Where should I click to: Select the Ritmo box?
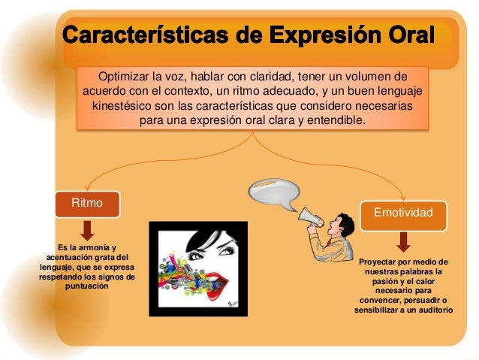coord(87,204)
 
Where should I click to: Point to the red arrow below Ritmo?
coord(87,230)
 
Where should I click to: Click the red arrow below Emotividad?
coord(403,241)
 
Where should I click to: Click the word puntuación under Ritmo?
coord(86,286)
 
